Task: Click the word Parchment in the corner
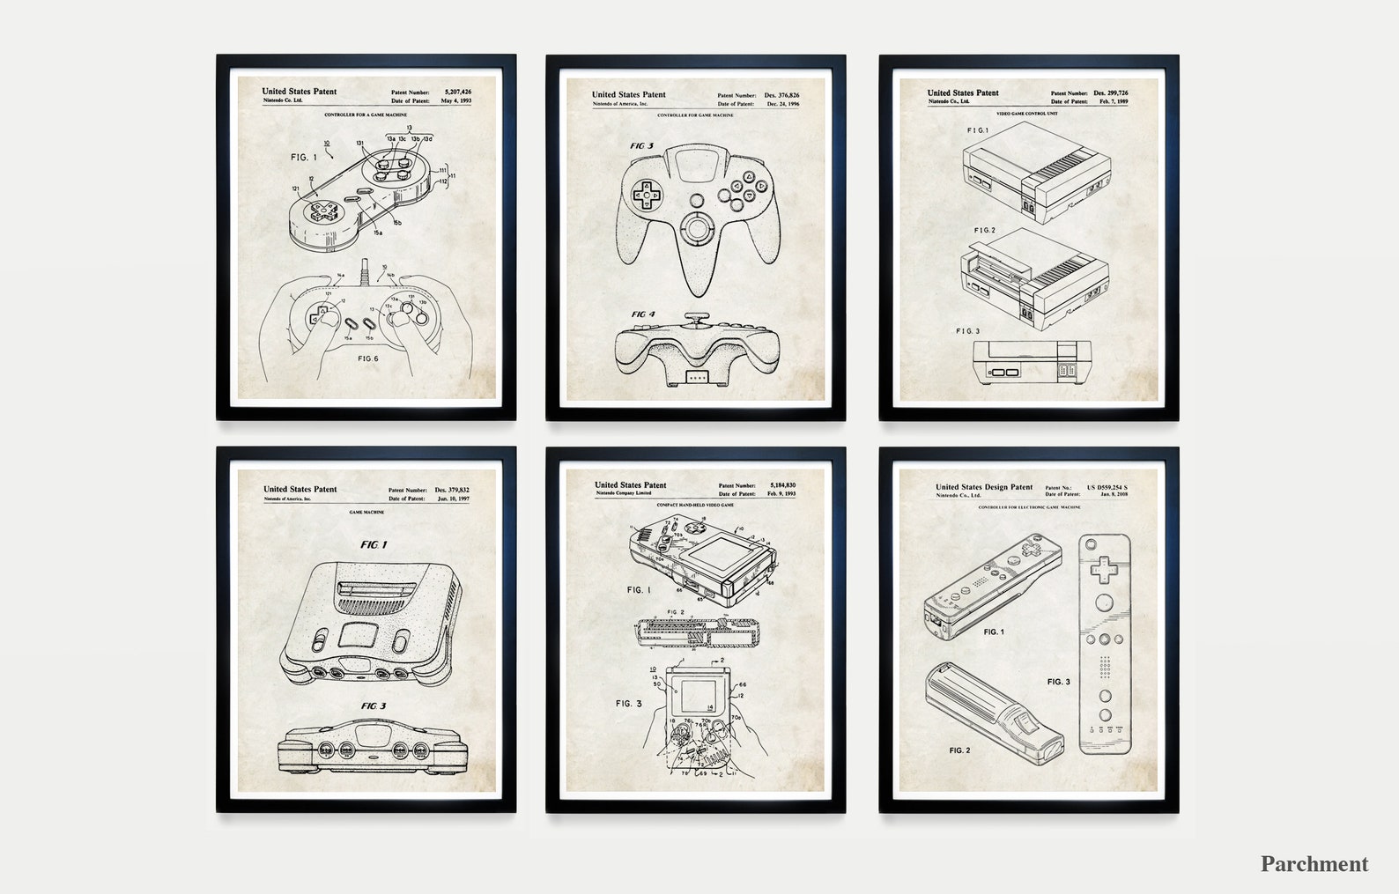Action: pyautogui.click(x=1314, y=863)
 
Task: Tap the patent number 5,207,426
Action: pyautogui.click(x=458, y=92)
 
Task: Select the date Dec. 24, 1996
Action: pyautogui.click(x=783, y=104)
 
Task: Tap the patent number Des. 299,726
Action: pyautogui.click(x=1110, y=92)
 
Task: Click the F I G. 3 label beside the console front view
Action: pyautogui.click(x=967, y=331)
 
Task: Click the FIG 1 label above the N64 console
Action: pyautogui.click(x=373, y=545)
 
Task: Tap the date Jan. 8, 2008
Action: pyautogui.click(x=1114, y=495)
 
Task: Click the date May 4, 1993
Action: pyautogui.click(x=456, y=101)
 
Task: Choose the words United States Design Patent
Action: pyautogui.click(x=984, y=487)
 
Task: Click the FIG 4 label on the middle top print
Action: pyautogui.click(x=643, y=314)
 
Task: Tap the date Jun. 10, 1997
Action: pyautogui.click(x=454, y=499)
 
